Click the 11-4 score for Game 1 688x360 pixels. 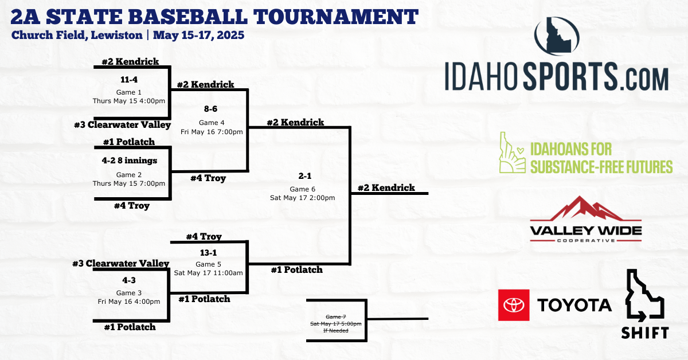pyautogui.click(x=129, y=80)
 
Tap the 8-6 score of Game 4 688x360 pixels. pyautogui.click(x=211, y=109)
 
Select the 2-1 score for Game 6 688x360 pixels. pyautogui.click(x=305, y=176)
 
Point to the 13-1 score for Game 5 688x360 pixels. pyautogui.click(x=208, y=253)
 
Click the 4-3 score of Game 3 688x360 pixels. pyautogui.click(x=129, y=280)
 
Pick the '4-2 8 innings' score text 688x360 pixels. pyautogui.click(x=130, y=161)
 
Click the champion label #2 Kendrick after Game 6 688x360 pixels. pyautogui.click(x=386, y=187)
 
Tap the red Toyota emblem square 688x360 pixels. pyautogui.click(x=514, y=305)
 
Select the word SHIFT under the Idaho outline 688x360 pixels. pyautogui.click(x=645, y=332)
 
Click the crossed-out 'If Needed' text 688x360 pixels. pyautogui.click(x=336, y=331)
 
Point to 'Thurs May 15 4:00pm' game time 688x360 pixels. pyautogui.click(x=129, y=101)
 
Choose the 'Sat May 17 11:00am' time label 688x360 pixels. pyautogui.click(x=208, y=273)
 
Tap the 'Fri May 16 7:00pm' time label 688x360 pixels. pyautogui.click(x=212, y=132)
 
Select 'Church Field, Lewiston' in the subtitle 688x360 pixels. pyautogui.click(x=77, y=35)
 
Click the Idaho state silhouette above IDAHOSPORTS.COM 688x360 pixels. pyautogui.click(x=557, y=36)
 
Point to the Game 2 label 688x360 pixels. pyautogui.click(x=129, y=175)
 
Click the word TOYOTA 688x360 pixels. pyautogui.click(x=574, y=306)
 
